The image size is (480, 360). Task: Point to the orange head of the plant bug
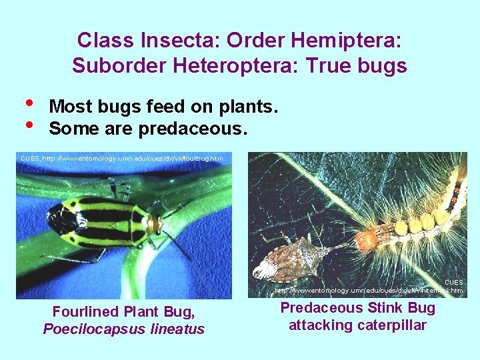click(x=155, y=225)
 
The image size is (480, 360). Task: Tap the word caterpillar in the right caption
click(x=391, y=325)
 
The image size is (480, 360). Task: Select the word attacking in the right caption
click(x=319, y=325)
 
